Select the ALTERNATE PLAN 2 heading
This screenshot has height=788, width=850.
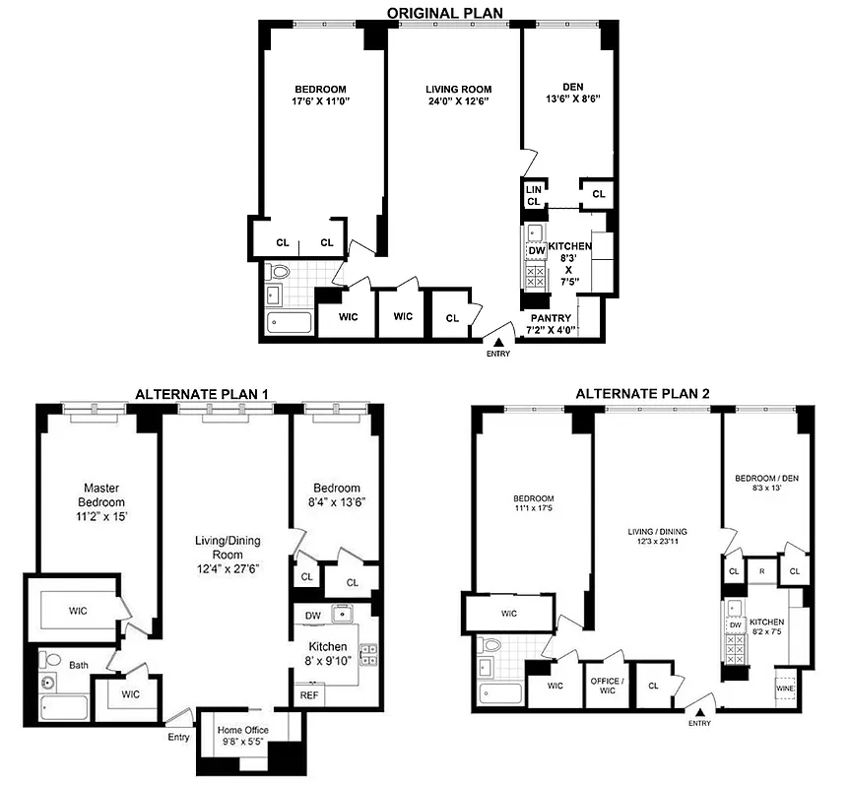(641, 394)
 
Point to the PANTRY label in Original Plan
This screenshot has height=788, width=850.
(551, 318)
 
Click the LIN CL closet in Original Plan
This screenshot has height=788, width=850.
(533, 195)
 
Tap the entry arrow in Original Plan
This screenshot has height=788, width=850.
(498, 341)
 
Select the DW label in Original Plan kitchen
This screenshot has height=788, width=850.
(536, 250)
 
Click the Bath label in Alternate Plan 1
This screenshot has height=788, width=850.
(77, 665)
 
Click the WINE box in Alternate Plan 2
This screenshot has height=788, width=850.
(784, 689)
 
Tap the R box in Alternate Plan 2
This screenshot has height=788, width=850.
(760, 570)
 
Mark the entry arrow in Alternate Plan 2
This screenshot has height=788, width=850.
(699, 710)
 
